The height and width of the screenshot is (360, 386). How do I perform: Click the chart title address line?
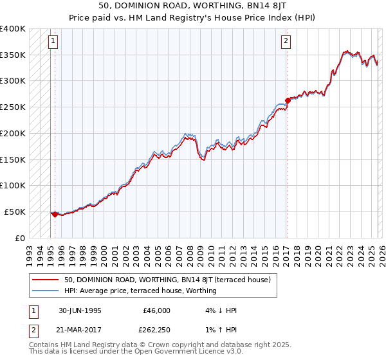[193, 5]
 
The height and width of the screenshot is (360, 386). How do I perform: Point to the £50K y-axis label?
[15, 212]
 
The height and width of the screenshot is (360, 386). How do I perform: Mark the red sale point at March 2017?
[288, 100]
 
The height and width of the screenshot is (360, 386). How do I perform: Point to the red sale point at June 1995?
[55, 214]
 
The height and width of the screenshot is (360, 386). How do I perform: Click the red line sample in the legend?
[45, 280]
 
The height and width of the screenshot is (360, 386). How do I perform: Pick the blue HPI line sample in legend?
[45, 291]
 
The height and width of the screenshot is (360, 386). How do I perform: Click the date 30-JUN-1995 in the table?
[80, 310]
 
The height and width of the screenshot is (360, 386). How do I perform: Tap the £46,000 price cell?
[156, 310]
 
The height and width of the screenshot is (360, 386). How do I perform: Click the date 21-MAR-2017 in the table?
[80, 330]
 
